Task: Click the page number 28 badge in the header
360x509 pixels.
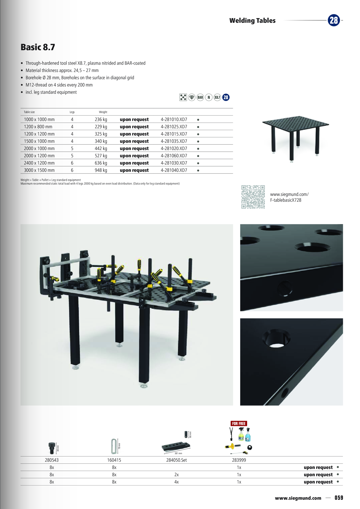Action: (x=334, y=20)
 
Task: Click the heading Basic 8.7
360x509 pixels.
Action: (x=38, y=47)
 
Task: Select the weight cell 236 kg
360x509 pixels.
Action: (x=101, y=120)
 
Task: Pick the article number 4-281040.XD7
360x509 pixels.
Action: (x=174, y=170)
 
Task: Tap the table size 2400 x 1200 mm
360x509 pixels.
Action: (x=39, y=163)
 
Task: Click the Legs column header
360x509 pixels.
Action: (x=72, y=112)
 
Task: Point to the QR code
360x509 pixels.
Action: (x=253, y=197)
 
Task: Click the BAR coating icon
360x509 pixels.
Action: (x=200, y=98)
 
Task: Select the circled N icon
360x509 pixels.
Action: (x=209, y=98)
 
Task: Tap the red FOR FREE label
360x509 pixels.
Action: (x=239, y=424)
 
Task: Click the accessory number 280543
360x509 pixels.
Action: (x=52, y=460)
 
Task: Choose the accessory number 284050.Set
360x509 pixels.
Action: (x=177, y=460)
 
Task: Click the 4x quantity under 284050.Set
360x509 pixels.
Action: (x=177, y=482)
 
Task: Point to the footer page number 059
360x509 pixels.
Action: (x=339, y=498)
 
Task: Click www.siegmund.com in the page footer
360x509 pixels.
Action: (x=298, y=498)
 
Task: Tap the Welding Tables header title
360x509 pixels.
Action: (x=252, y=21)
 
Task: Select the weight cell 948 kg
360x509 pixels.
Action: (x=101, y=170)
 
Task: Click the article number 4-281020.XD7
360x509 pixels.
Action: (x=174, y=149)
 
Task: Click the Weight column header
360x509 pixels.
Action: (x=103, y=112)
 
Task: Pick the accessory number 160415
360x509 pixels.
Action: (x=114, y=460)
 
